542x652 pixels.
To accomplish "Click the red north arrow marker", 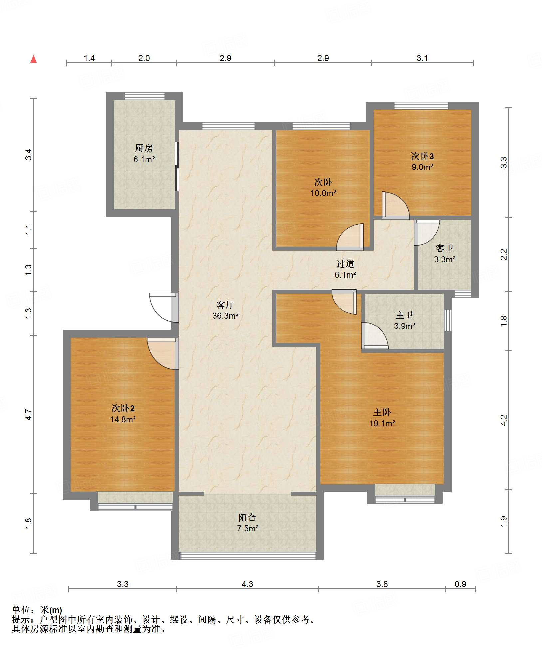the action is pyautogui.click(x=33, y=59).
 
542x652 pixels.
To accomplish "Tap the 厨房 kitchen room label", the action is pyautogui.click(x=144, y=148).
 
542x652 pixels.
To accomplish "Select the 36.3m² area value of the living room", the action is pyautogui.click(x=225, y=316).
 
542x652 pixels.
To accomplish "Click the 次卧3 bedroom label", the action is pyautogui.click(x=422, y=156).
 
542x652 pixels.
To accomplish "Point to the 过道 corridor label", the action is pyautogui.click(x=345, y=264).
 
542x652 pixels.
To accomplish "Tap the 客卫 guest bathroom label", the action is pyautogui.click(x=445, y=248).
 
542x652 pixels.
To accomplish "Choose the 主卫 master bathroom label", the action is pyautogui.click(x=405, y=315).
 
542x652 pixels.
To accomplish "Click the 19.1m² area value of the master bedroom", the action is pyautogui.click(x=382, y=423).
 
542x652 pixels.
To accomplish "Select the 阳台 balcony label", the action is pyautogui.click(x=247, y=517).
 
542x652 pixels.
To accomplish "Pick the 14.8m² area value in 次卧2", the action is pyautogui.click(x=123, y=419).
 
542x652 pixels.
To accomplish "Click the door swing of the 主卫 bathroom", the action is pyautogui.click(x=375, y=335).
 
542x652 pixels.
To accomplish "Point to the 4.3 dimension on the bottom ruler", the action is pyautogui.click(x=247, y=584).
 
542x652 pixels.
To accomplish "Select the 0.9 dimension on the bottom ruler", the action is pyautogui.click(x=460, y=584).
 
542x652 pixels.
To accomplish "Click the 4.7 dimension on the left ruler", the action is pyautogui.click(x=29, y=414).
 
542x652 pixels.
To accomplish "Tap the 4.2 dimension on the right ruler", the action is pyautogui.click(x=504, y=420).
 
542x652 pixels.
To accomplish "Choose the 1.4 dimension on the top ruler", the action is pyautogui.click(x=89, y=58).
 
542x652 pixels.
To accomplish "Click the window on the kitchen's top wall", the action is pyautogui.click(x=145, y=96).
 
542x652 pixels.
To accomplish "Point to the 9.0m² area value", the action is pyautogui.click(x=422, y=167).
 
